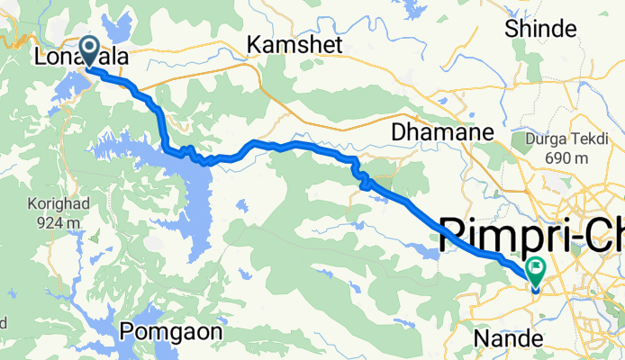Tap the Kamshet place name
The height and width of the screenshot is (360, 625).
point(293,43)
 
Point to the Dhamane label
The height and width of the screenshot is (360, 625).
point(443,132)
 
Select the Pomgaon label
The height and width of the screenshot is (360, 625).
point(171,330)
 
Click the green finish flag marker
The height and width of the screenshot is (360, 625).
point(538,268)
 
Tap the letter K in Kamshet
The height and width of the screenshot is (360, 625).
point(254,43)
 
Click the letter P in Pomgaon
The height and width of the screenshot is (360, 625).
point(128,330)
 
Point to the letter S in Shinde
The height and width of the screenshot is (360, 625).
point(513,28)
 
